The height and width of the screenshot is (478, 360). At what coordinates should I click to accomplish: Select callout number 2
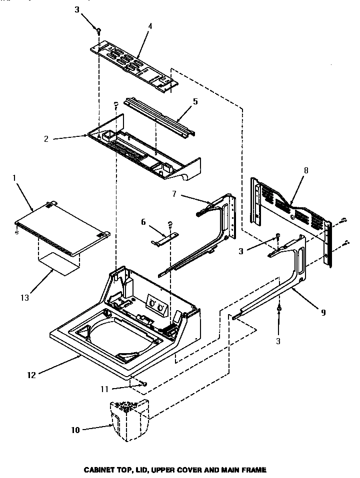click(x=46, y=139)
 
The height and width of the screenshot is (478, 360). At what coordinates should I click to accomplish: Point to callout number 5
click(x=195, y=101)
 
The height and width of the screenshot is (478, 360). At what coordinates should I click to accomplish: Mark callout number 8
click(x=305, y=170)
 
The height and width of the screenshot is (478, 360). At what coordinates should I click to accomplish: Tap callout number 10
click(x=75, y=429)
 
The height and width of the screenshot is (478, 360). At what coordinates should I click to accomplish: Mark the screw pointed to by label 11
click(x=143, y=384)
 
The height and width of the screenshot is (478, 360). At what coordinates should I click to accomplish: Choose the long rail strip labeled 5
click(x=160, y=117)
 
